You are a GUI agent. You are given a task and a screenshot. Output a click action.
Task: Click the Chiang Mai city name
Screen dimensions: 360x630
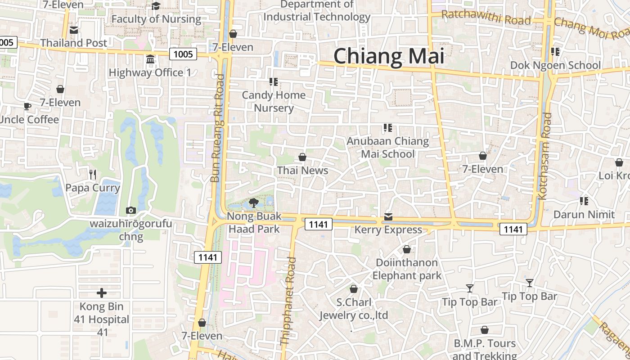[389, 56]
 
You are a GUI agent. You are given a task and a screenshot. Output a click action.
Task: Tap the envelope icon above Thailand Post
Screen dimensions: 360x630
[74, 30]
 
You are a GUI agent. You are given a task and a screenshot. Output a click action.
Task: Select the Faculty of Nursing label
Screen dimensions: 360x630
[156, 19]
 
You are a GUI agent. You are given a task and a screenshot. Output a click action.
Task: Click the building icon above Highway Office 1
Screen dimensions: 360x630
[150, 59]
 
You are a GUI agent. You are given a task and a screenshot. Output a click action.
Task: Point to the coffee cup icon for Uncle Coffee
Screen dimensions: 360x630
[27, 106]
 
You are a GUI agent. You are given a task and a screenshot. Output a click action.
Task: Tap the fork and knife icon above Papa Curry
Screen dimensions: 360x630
[93, 174]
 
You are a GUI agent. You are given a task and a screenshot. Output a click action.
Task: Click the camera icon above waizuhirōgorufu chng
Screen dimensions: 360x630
[131, 210]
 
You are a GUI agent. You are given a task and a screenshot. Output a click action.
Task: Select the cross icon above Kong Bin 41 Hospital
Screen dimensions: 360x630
[102, 293]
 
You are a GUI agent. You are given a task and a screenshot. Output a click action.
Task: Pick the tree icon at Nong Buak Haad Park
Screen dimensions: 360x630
[253, 203]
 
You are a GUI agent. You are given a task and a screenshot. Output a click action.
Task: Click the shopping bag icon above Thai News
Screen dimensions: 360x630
[302, 157]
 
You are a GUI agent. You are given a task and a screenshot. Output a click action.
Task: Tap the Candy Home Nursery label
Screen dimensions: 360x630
[274, 102]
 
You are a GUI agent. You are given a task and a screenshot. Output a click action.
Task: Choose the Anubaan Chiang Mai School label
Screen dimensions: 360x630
[387, 148]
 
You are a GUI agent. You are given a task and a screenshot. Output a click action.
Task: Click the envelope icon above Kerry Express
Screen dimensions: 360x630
[388, 217]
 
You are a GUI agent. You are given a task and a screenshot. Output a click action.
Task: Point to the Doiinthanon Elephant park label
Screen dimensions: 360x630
[407, 269]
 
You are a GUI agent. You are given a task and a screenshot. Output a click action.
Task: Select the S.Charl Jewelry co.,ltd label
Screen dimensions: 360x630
[354, 308]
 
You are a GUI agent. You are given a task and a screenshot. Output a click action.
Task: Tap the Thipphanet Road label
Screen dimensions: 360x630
[288, 301]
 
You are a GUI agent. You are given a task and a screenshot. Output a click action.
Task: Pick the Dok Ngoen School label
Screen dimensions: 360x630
[555, 65]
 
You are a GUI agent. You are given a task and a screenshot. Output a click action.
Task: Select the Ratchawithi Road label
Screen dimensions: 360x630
[486, 18]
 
